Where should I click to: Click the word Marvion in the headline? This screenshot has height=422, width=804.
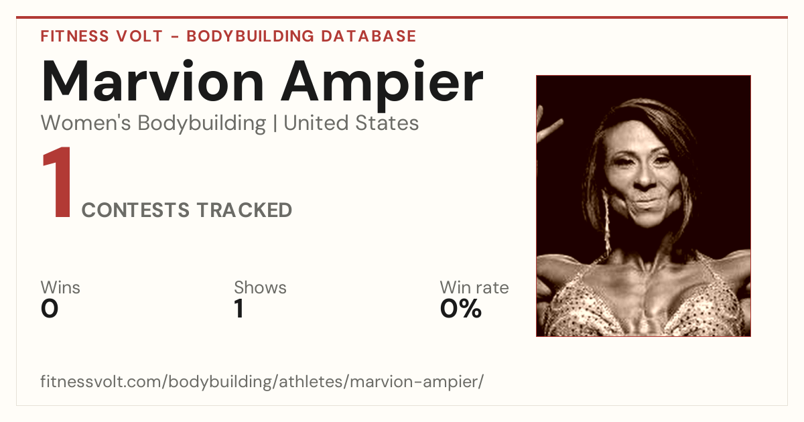tap(153, 82)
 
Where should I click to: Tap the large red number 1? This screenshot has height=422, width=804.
tap(58, 182)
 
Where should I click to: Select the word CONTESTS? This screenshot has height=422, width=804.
tap(135, 210)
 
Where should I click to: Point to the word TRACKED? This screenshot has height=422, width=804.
tap(245, 210)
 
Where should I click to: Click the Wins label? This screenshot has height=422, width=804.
tap(60, 287)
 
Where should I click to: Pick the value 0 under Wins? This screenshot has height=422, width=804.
tap(50, 309)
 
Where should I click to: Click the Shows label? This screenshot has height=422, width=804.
tap(260, 287)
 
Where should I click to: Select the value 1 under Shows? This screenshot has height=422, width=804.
tap(239, 309)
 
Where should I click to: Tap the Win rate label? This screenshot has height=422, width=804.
tap(474, 287)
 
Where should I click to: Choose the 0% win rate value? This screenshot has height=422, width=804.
tap(461, 309)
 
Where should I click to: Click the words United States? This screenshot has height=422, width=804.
tap(351, 123)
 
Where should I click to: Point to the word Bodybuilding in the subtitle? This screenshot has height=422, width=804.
tap(202, 124)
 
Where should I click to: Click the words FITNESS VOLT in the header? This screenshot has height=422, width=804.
tap(102, 36)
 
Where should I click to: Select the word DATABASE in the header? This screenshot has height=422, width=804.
tap(368, 36)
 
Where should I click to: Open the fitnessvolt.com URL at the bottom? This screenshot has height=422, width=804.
tap(262, 381)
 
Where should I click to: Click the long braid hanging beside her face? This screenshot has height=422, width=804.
tap(606, 222)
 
